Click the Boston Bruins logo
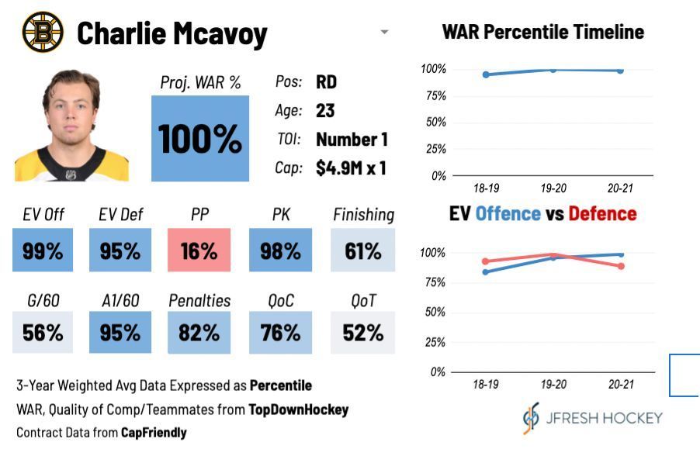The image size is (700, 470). tap(43, 33)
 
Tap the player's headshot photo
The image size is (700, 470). tap(71, 126)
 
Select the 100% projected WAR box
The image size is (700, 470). tap(200, 138)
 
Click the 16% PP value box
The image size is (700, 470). tap(199, 251)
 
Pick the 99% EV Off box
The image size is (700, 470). tap(43, 251)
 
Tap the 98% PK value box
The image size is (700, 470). tap(280, 251)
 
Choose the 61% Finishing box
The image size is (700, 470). tap(363, 251)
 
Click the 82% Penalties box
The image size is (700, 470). tap(199, 333)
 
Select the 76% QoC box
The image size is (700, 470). tap(280, 333)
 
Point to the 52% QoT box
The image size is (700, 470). tap(363, 333)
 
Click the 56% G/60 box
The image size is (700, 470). tap(43, 333)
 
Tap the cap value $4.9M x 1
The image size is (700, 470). tap(351, 168)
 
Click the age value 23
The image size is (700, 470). tap(325, 111)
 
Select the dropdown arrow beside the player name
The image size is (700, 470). tap(384, 33)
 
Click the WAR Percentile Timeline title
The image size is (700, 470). tap(542, 32)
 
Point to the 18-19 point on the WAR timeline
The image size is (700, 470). tap(486, 74)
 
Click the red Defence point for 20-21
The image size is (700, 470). tap(621, 266)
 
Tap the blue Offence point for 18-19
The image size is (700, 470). tap(486, 271)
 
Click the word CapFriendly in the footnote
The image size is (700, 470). tap(154, 433)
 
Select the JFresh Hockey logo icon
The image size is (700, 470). tap(531, 418)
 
